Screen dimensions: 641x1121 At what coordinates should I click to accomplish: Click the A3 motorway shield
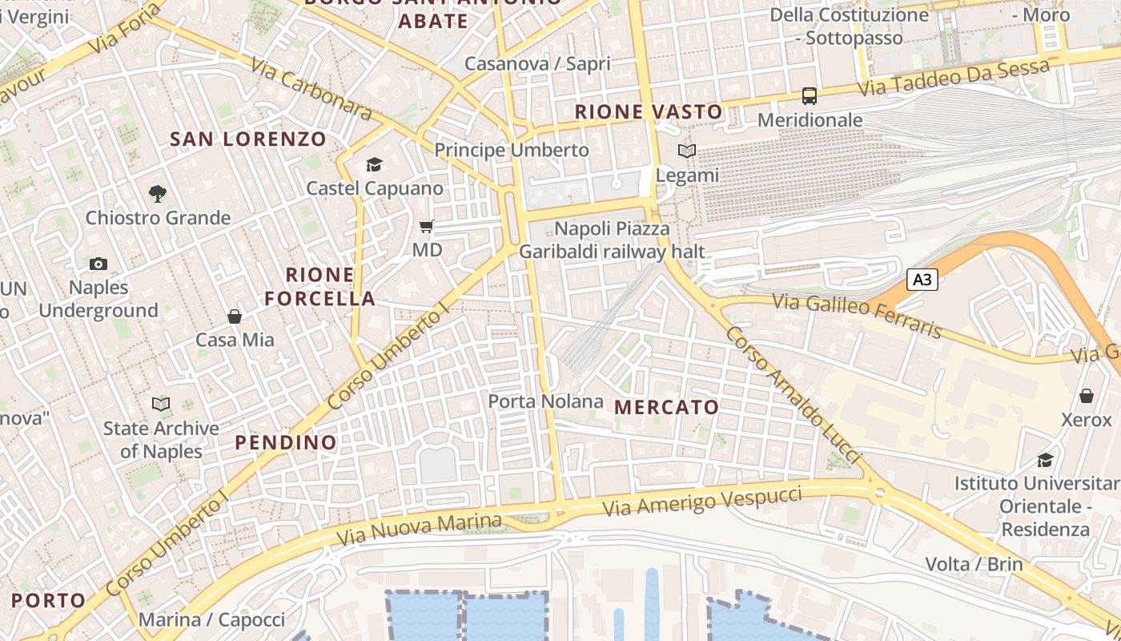coord(922,280)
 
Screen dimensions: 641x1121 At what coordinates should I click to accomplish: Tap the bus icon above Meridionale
coord(810,96)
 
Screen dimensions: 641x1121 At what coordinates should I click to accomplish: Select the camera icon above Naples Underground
coord(98,264)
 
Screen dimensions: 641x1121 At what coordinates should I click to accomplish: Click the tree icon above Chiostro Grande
coord(158,193)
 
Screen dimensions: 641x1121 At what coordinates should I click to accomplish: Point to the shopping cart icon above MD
coord(427,227)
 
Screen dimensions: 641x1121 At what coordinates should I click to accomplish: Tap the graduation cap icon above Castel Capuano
coord(374,165)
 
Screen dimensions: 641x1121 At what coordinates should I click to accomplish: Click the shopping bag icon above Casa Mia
coord(235,316)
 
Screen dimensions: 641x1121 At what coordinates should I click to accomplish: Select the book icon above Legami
coord(686,151)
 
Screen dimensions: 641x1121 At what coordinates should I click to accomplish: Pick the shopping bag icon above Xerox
coord(1087,396)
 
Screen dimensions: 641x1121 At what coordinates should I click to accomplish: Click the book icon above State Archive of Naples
coord(161,405)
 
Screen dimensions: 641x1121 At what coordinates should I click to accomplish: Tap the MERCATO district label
coord(666,407)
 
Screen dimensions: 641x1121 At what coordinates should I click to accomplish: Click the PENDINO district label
coord(286,442)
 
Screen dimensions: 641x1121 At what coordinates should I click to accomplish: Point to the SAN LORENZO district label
coord(248,139)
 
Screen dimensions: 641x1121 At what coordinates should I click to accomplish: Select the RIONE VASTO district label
coord(649,111)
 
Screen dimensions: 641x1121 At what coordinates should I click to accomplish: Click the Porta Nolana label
coord(545,401)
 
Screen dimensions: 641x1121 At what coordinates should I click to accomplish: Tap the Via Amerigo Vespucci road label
coord(701,500)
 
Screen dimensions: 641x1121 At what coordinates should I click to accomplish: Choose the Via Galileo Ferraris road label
coord(858,316)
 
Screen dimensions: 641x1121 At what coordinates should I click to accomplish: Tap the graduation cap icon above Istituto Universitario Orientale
coord(1045,460)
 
